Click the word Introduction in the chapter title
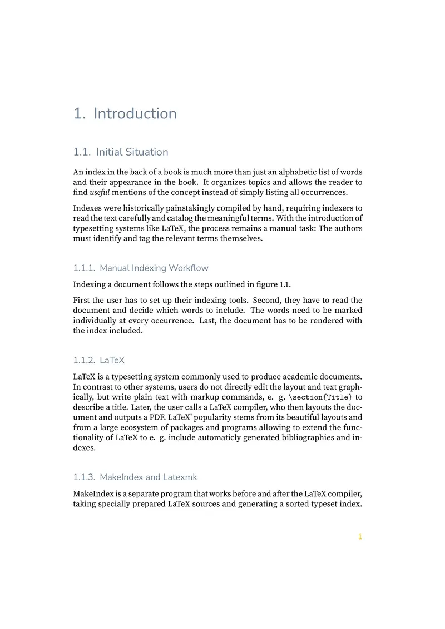pos(135,113)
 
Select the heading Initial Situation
pos(132,152)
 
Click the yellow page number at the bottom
pos(360,537)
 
